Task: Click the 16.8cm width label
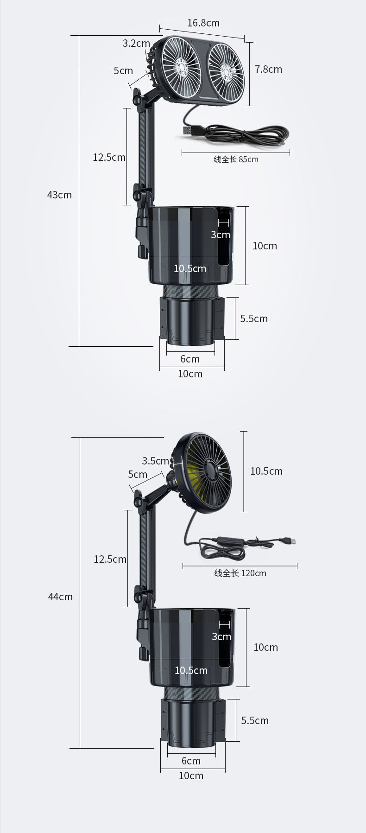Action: pos(203,23)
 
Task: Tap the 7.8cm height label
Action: pos(268,69)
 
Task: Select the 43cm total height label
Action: pos(59,195)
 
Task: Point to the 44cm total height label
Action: pos(60,597)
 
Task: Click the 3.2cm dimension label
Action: pos(136,43)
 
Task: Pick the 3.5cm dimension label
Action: pos(156,461)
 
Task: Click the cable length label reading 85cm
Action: pos(236,159)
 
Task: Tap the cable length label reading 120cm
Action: pos(240,573)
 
